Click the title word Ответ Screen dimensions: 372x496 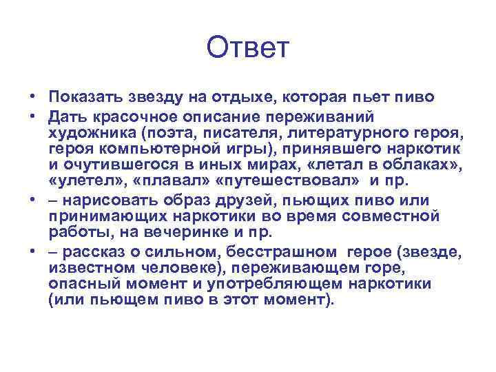(248, 49)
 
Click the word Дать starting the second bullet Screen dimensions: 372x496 (67, 114)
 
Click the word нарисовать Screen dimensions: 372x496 (107, 200)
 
